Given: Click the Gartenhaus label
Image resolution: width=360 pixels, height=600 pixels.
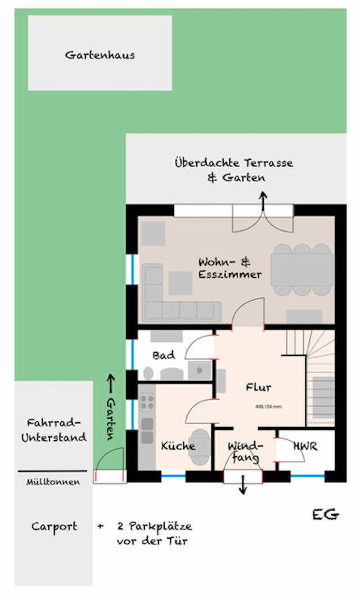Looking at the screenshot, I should point(100,55).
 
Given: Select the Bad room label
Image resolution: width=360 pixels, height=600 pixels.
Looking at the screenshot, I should point(164,355).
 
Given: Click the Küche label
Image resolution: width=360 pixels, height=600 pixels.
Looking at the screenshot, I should point(178,446).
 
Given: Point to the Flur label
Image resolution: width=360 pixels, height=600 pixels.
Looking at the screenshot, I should point(258,387).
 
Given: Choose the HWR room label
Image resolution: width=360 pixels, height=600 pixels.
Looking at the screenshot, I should point(305,446).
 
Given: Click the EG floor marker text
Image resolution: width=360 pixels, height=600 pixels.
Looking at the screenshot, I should point(326,514).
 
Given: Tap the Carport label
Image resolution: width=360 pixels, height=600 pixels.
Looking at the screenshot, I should point(55,527).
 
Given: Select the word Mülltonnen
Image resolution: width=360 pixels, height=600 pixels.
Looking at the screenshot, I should point(53,482).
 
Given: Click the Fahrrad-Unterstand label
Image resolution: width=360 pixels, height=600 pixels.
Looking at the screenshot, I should point(54,430).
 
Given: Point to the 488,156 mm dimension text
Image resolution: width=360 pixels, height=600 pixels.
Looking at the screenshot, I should point(268,406).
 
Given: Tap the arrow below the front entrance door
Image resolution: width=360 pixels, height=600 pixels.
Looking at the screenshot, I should point(243,486).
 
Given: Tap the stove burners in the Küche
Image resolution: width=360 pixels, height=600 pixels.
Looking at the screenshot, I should point(147,401).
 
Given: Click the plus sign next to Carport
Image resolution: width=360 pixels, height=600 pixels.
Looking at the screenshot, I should point(100,527).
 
